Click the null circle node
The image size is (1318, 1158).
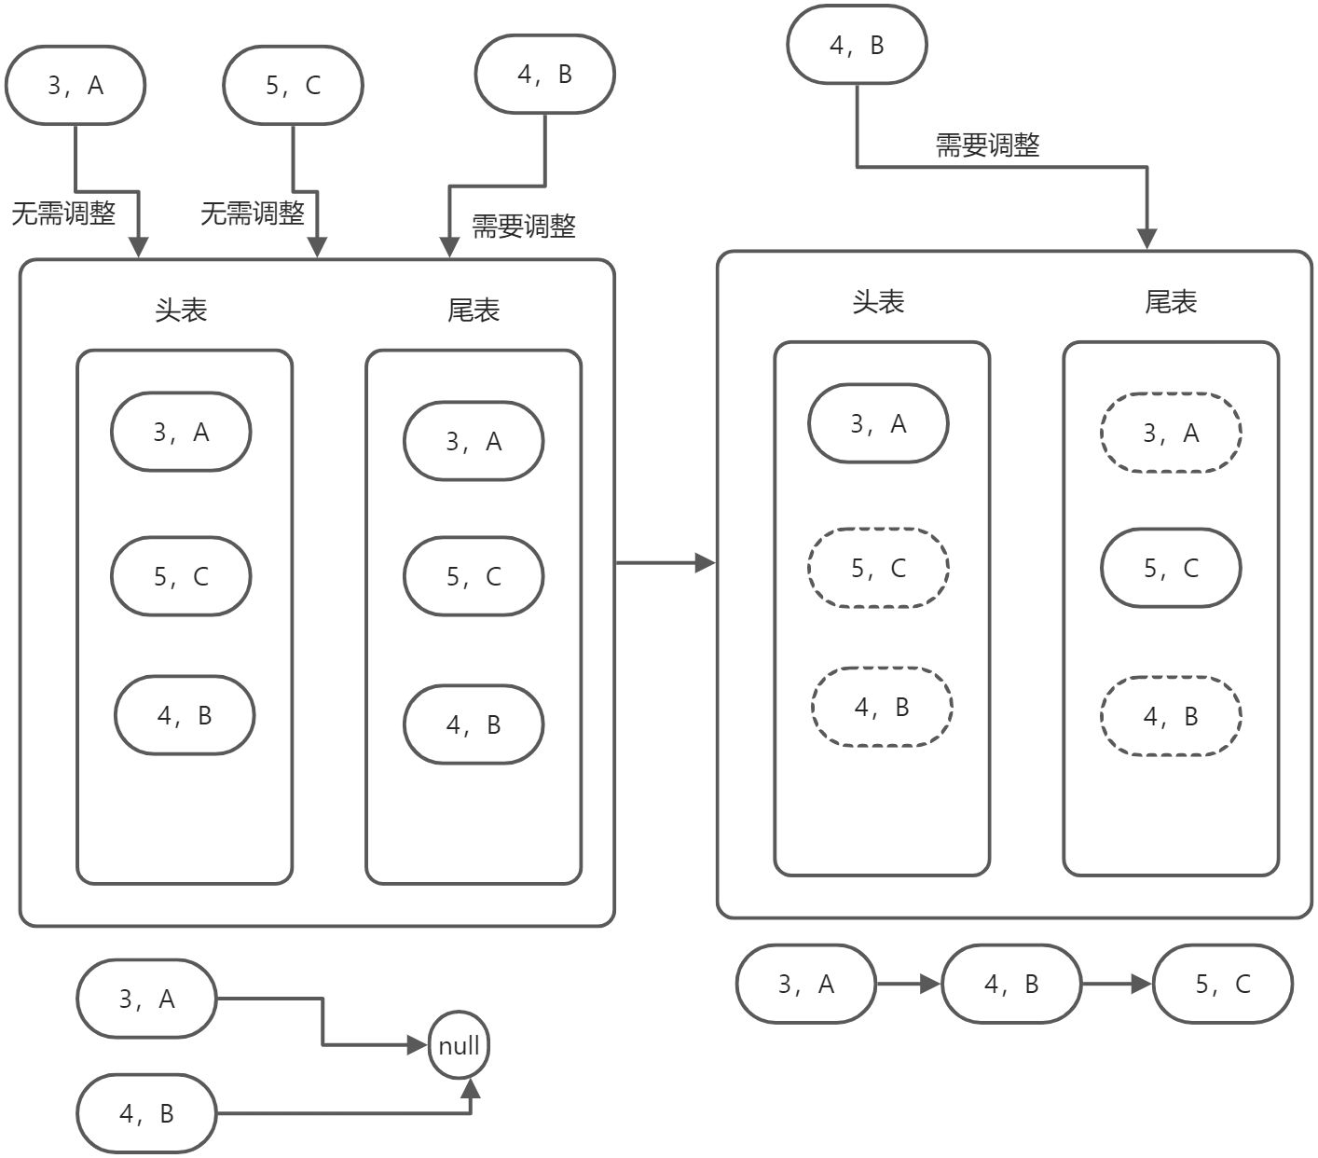(459, 1045)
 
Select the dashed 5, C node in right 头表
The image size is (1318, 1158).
(878, 568)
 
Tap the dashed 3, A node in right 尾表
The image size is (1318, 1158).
(1171, 433)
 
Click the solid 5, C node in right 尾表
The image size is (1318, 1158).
(1171, 568)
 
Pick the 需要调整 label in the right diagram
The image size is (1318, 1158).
(987, 145)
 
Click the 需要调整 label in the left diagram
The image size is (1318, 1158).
(524, 227)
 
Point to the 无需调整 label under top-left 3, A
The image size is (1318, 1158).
(63, 214)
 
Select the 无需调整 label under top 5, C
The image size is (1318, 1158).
(253, 214)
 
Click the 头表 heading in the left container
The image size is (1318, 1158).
(181, 310)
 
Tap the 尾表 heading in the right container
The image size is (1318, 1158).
(1171, 302)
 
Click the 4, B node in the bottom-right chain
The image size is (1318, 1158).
(1011, 985)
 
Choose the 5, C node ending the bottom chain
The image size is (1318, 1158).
(1223, 985)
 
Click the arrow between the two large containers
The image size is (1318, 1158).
(665, 562)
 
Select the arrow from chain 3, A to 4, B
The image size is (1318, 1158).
(909, 984)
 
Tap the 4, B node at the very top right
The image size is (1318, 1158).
(857, 45)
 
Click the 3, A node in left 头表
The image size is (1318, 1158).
(181, 432)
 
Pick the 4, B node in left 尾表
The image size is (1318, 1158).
(474, 724)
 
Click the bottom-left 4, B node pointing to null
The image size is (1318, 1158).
(146, 1113)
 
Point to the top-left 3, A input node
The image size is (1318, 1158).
(76, 85)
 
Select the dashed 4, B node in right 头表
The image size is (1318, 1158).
(882, 707)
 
